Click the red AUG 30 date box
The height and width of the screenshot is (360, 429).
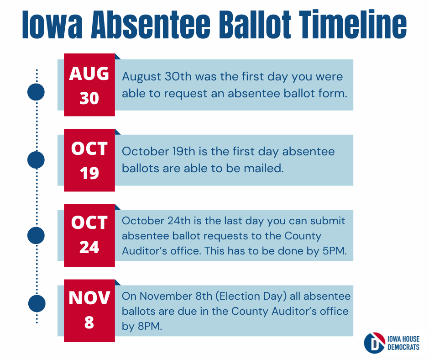pyautogui.click(x=89, y=85)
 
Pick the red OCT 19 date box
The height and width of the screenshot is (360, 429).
pyautogui.click(x=89, y=160)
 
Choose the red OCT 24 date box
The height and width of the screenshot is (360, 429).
pyautogui.click(x=89, y=236)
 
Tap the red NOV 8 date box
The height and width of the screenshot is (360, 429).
pyautogui.click(x=89, y=311)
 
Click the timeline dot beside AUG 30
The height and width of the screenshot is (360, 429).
pyautogui.click(x=36, y=91)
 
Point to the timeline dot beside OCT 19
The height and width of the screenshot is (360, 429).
pyautogui.click(x=36, y=160)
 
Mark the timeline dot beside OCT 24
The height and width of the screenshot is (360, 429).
pyautogui.click(x=36, y=235)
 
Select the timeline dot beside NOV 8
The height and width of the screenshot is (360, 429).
pyautogui.click(x=37, y=303)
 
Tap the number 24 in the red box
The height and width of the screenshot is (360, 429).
pyautogui.click(x=89, y=247)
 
